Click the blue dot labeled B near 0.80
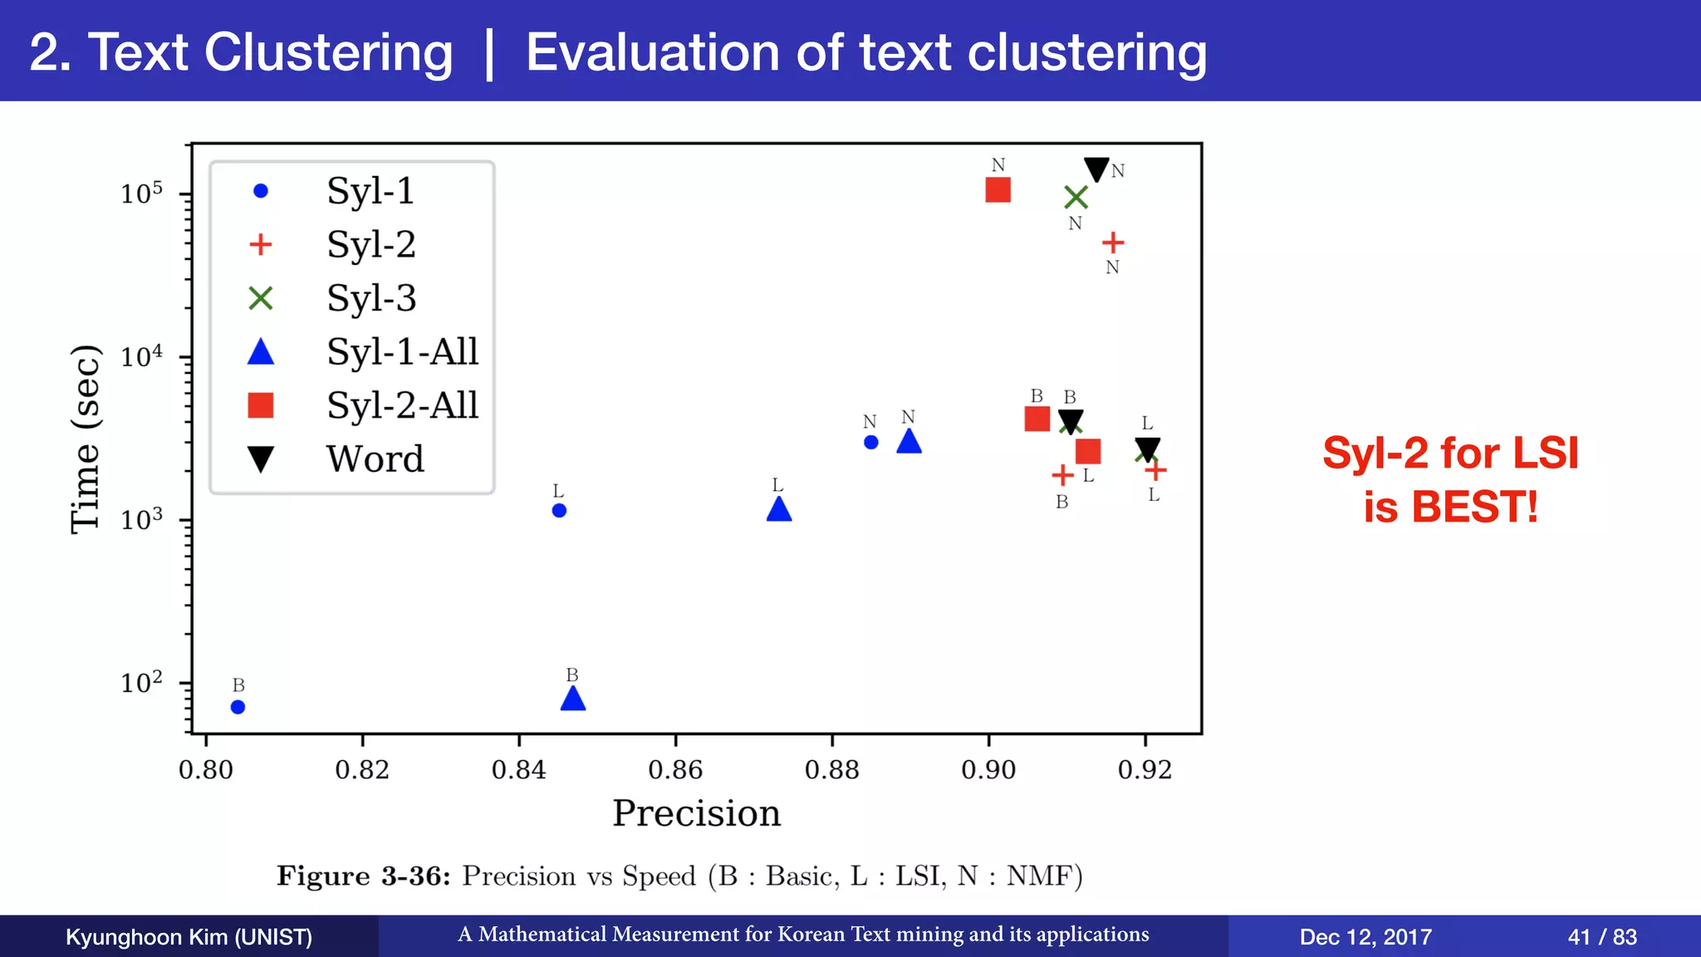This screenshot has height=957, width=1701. [238, 707]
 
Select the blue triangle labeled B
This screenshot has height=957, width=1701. [573, 699]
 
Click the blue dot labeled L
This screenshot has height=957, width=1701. [559, 510]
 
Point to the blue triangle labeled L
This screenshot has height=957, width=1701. [778, 509]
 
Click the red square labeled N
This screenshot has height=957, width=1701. [998, 190]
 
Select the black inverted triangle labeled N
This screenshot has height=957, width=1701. [1096, 169]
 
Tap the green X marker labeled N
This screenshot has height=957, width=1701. [1076, 198]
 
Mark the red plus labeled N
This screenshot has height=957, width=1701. [1113, 243]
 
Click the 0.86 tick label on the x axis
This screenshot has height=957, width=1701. [675, 770]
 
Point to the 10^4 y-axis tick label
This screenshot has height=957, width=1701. [141, 357]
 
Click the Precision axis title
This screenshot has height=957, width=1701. [696, 813]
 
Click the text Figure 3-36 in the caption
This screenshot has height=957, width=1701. [363, 876]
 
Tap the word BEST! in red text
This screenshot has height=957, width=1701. [1474, 507]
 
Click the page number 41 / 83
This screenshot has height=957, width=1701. [1601, 937]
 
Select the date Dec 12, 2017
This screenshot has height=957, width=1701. [1365, 937]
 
